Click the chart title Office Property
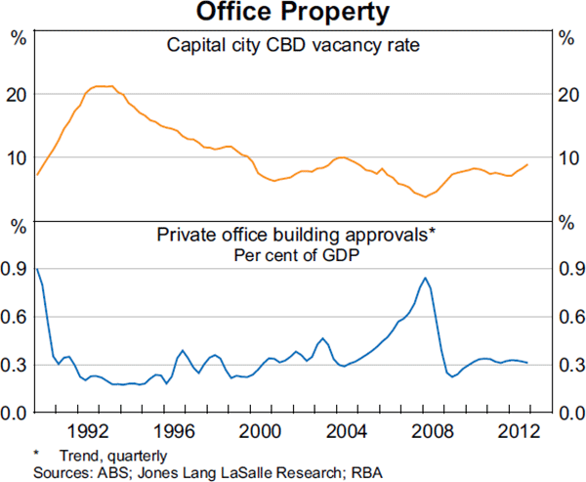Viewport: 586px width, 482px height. click(x=293, y=13)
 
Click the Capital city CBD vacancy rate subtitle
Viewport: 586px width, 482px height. click(x=293, y=45)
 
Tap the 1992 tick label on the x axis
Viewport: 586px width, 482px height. click(x=88, y=431)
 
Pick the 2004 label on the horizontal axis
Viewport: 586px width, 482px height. click(x=346, y=431)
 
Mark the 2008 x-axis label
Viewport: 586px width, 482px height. click(x=433, y=431)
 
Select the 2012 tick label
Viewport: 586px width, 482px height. click(x=519, y=431)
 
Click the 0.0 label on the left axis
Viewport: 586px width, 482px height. click(x=15, y=413)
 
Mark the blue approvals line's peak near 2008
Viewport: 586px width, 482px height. click(x=425, y=278)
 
